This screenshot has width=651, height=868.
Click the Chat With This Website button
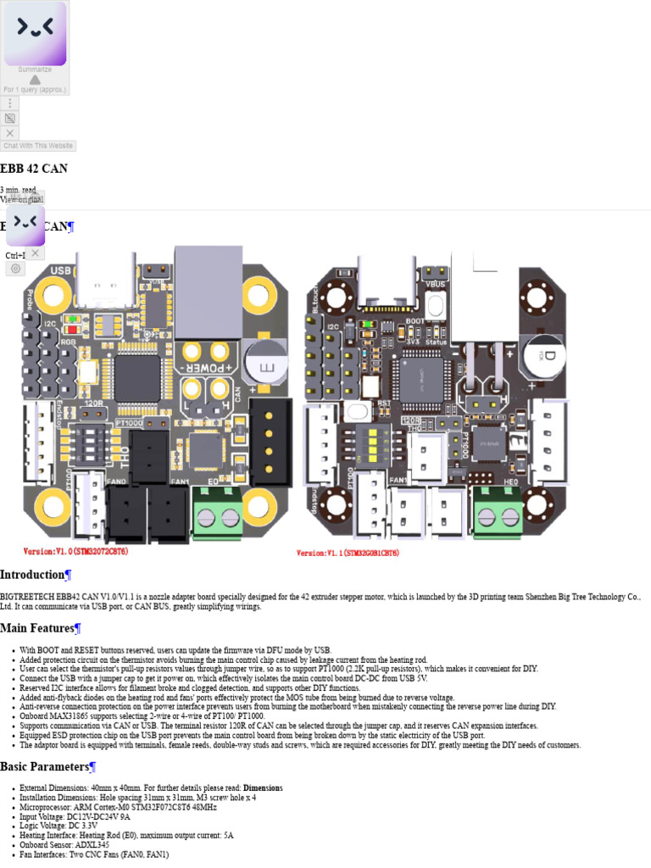[38, 146]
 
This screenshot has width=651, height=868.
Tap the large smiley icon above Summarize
[35, 33]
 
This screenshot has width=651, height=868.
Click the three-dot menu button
[9, 103]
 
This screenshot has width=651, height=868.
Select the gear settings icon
[15, 269]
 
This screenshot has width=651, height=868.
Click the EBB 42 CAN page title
[34, 169]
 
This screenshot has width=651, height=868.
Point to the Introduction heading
[32, 575]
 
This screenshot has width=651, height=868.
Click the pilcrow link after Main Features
[77, 628]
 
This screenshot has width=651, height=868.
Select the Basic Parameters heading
[44, 766]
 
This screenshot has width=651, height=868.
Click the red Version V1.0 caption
[75, 552]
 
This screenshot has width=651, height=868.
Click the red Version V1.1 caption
[348, 553]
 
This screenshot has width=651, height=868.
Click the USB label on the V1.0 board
[61, 270]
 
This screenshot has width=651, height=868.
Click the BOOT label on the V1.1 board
[415, 321]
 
